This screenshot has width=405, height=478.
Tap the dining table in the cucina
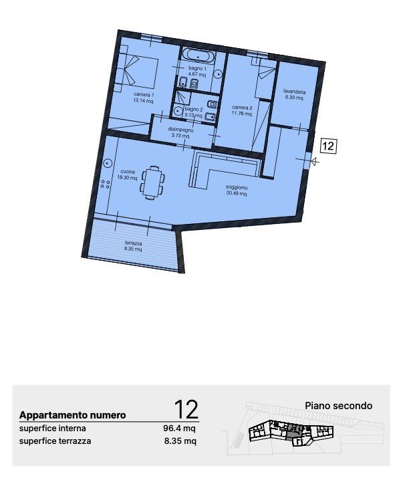click(x=152, y=183)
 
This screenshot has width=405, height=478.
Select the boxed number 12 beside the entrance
click(x=328, y=146)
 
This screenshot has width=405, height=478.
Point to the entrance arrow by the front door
click(x=315, y=162)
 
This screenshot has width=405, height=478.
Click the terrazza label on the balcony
click(x=134, y=243)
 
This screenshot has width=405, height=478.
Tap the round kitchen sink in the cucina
click(x=108, y=163)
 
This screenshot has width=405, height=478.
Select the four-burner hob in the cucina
click(x=106, y=184)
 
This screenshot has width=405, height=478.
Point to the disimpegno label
click(x=180, y=130)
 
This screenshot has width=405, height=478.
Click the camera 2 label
click(x=242, y=108)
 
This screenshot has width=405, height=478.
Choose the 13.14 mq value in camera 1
click(x=143, y=101)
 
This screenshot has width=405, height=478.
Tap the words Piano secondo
click(x=339, y=406)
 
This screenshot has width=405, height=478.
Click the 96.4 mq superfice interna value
click(x=179, y=429)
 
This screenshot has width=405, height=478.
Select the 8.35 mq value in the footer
click(x=180, y=441)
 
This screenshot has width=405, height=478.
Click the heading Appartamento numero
click(x=73, y=415)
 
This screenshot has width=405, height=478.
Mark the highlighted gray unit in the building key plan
click(x=294, y=429)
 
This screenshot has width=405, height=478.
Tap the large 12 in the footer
click(x=186, y=410)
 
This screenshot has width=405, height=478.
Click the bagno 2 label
click(x=194, y=109)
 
